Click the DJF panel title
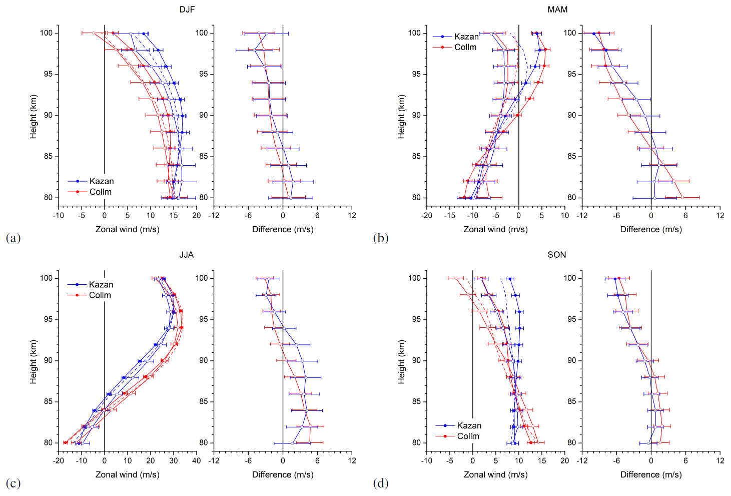pyautogui.click(x=187, y=10)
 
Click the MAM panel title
pyautogui.click(x=557, y=10)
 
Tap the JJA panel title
pyautogui.click(x=187, y=255)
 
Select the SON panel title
pyautogui.click(x=557, y=255)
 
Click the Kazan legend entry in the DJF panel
pyautogui.click(x=101, y=181)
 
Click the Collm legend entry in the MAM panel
pyautogui.click(x=465, y=47)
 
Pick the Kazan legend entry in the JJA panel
pyautogui.click(x=101, y=284)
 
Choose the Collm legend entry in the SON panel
pyautogui.click(x=468, y=436)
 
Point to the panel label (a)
pyautogui.click(x=13, y=238)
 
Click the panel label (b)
pyautogui.click(x=381, y=238)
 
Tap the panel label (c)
pyautogui.click(x=13, y=483)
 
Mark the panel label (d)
pyautogui.click(x=381, y=483)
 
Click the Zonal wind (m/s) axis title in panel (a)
pyautogui.click(x=128, y=229)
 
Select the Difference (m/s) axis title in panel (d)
pyautogui.click(x=651, y=474)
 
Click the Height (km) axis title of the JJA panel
pyautogui.click(x=33, y=362)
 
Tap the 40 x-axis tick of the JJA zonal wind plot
pyautogui.click(x=197, y=460)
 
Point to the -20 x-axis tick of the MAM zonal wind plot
pyautogui.click(x=426, y=215)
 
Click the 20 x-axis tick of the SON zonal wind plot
pyautogui.click(x=565, y=460)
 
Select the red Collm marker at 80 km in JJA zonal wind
pyautogui.click(x=66, y=442)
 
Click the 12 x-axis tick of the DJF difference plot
pyautogui.click(x=352, y=215)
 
